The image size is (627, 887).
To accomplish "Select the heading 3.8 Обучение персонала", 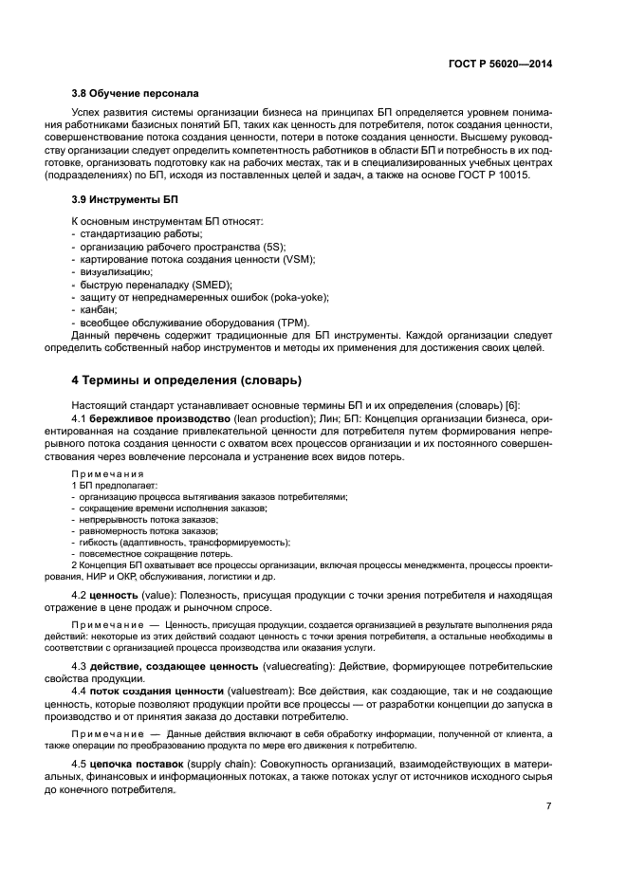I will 135,94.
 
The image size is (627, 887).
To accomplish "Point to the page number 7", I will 548,806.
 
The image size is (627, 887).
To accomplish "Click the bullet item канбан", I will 98,310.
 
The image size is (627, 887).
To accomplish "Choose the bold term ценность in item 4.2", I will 118,595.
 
